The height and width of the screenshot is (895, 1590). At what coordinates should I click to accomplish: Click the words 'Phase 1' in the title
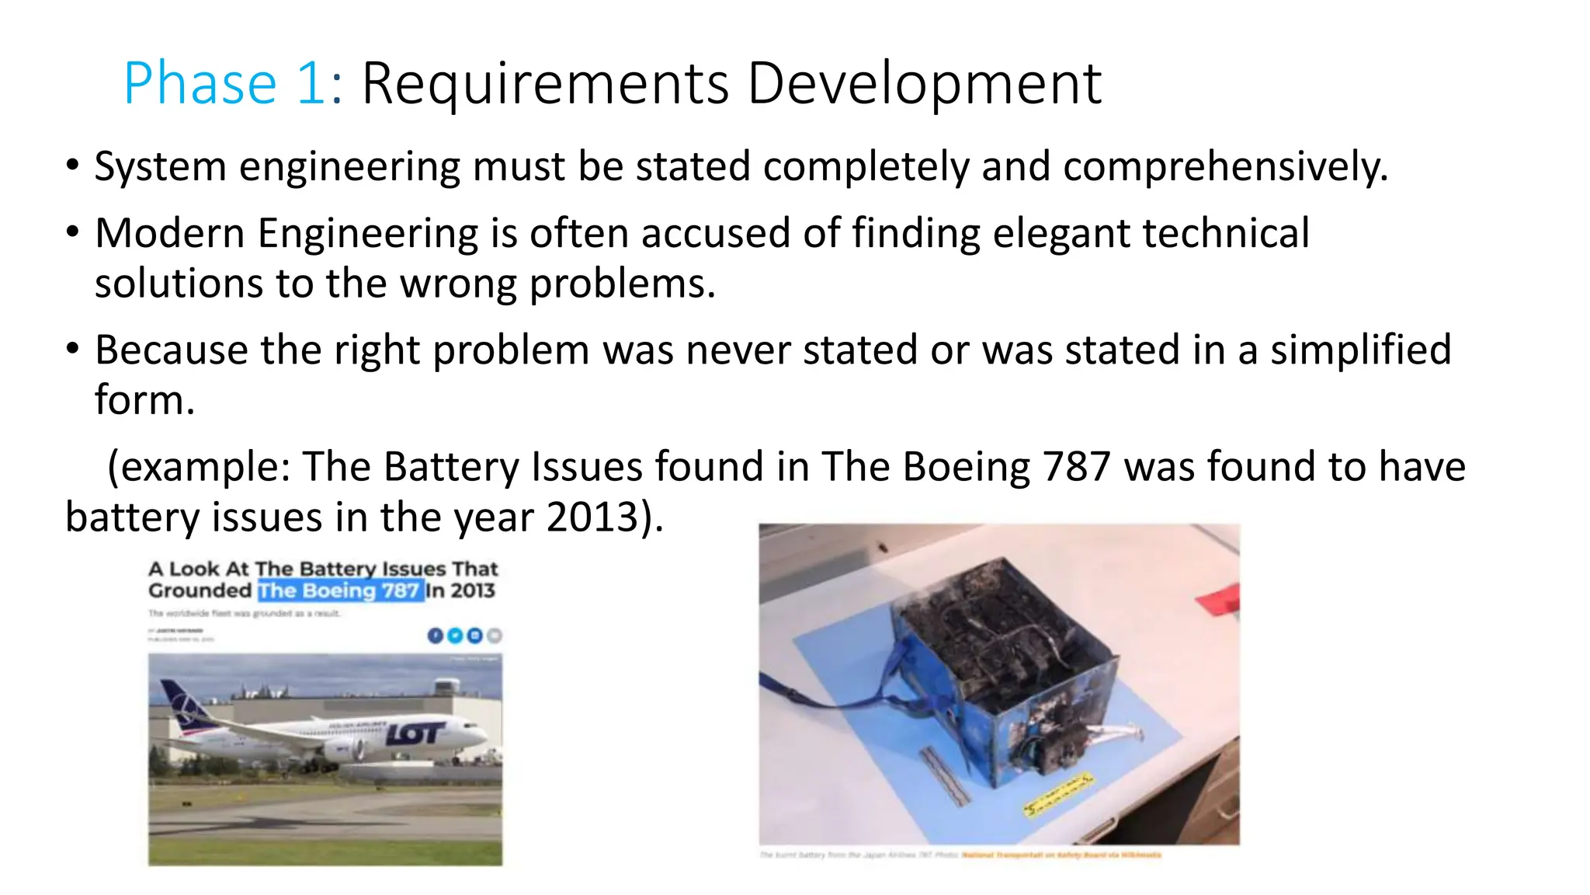(224, 84)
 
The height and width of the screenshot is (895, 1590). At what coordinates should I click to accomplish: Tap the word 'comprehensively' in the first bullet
(1224, 167)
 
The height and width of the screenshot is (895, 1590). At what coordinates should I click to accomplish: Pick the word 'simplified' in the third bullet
(1360, 350)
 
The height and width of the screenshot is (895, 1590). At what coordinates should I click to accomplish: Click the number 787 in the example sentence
(1077, 468)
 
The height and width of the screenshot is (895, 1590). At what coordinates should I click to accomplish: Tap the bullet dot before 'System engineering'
(73, 165)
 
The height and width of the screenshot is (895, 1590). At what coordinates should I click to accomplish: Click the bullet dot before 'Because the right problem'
(73, 349)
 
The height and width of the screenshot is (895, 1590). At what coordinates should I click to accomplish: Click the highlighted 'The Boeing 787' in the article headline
(340, 591)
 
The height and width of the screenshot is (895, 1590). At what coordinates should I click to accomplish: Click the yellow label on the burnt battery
(1057, 796)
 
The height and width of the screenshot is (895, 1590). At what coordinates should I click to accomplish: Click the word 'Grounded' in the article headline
(200, 591)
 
